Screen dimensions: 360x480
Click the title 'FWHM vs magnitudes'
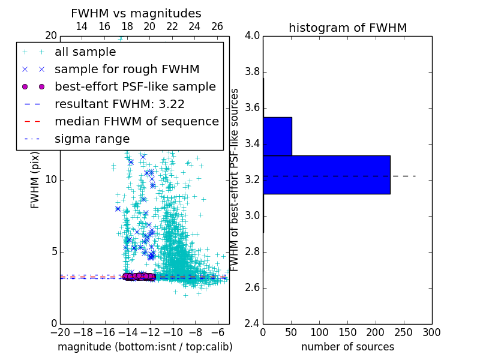click(x=136, y=14)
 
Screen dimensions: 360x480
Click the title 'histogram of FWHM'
click(x=347, y=28)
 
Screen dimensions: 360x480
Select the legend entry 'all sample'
click(x=85, y=52)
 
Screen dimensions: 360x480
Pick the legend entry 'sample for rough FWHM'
click(x=127, y=70)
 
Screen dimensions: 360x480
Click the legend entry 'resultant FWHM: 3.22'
click(x=119, y=104)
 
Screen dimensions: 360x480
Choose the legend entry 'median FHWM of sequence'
click(x=136, y=121)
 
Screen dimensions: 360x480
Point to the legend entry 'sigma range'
click(x=92, y=139)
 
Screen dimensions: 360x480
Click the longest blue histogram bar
click(x=326, y=175)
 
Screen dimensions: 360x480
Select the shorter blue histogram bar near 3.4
click(x=277, y=136)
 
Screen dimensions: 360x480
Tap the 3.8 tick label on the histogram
click(x=253, y=72)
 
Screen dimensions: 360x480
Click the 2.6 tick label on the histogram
click(x=253, y=288)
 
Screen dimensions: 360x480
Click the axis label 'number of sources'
click(x=347, y=347)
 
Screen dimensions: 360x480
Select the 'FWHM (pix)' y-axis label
click(x=35, y=180)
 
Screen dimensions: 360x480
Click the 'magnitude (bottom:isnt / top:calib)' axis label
click(x=145, y=347)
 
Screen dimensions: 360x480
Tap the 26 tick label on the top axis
click(x=217, y=26)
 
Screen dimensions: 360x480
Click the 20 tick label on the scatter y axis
click(x=50, y=36)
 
